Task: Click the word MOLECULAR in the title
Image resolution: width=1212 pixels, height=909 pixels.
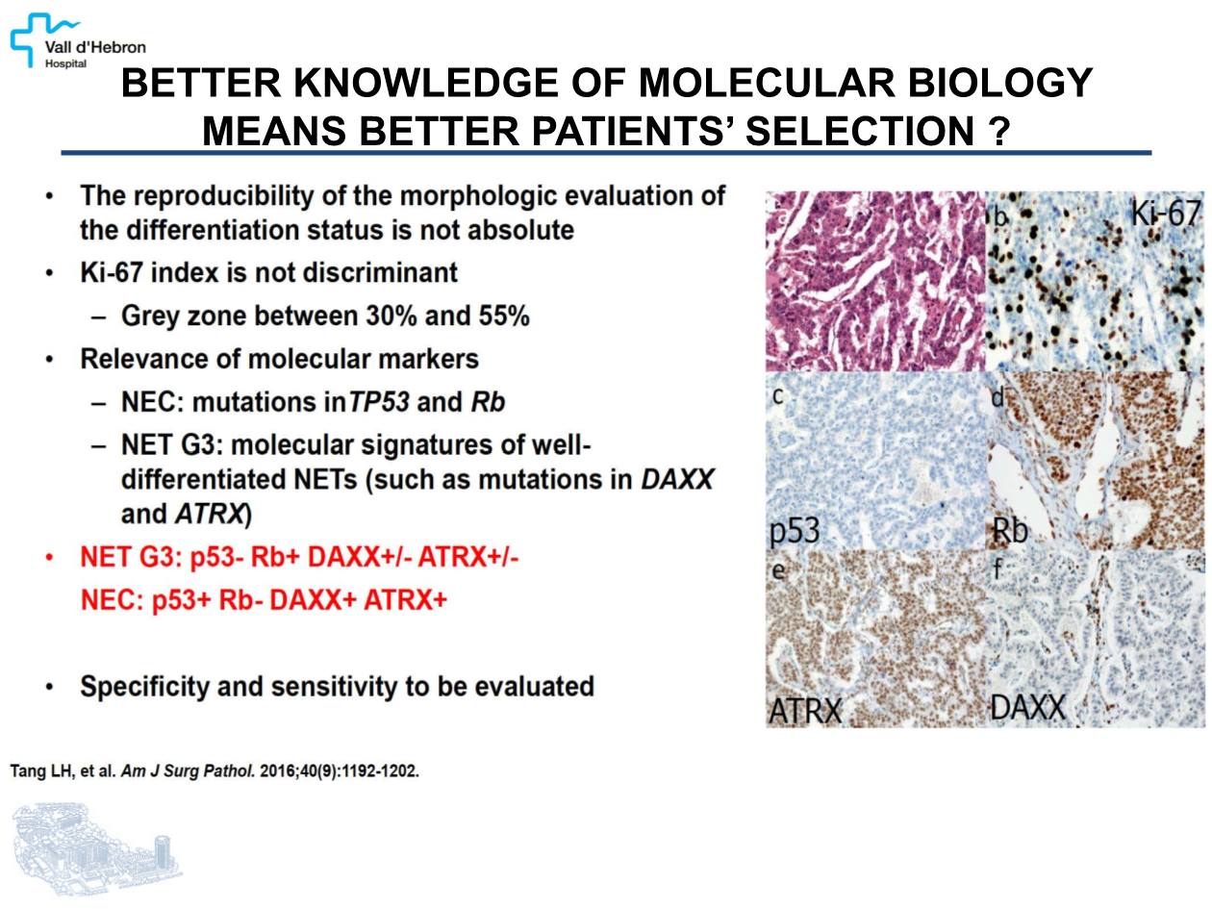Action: point(767,84)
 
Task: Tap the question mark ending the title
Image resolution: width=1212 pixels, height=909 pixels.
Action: point(998,132)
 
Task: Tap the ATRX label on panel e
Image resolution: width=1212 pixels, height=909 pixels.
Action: point(805,710)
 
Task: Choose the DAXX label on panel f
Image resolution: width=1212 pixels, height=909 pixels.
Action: point(1027,707)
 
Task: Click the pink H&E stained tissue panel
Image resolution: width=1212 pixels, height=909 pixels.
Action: point(875,281)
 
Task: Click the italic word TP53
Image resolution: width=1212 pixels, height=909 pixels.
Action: point(379,402)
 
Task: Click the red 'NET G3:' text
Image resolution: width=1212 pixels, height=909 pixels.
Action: point(132,558)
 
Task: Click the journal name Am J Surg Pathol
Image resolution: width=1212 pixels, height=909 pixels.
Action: point(188,771)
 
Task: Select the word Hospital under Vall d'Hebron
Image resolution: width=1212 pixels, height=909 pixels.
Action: point(65,64)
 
